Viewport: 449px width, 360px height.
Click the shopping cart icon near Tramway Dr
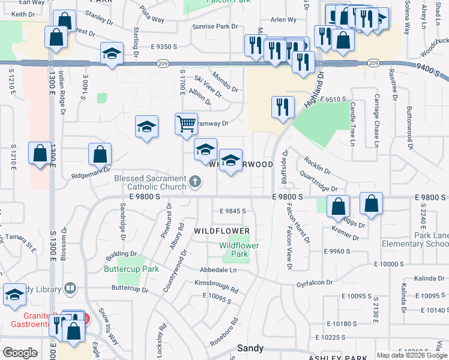[x=187, y=124]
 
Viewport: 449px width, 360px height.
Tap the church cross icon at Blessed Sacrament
[x=194, y=181]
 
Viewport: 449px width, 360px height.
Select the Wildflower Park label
[x=239, y=250]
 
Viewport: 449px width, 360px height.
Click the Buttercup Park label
[x=138, y=269]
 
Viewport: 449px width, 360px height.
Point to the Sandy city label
[x=250, y=347]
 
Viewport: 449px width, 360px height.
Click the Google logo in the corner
[x=20, y=353]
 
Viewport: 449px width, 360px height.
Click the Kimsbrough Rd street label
[x=215, y=286]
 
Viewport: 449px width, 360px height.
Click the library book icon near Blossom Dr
[x=70, y=289]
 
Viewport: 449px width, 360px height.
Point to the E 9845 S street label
[x=234, y=211]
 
